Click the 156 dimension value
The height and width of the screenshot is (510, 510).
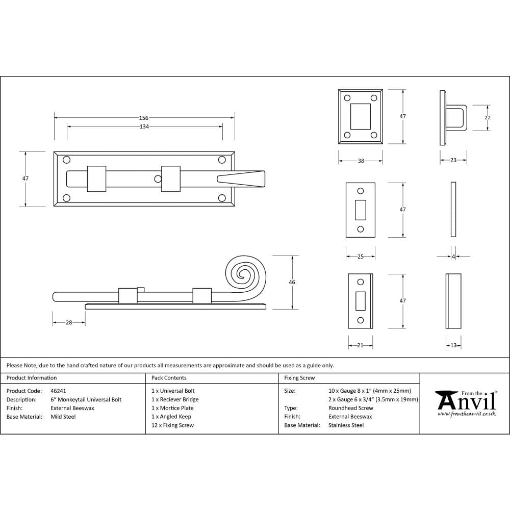point(144,118)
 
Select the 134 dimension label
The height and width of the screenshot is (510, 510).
point(144,126)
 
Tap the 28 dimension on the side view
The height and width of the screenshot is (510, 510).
point(69,322)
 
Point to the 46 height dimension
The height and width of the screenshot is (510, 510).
point(292,282)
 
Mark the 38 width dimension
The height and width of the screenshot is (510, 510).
point(361,161)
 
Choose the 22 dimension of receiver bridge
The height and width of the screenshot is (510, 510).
point(487,118)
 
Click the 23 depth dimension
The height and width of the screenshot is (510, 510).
point(453,161)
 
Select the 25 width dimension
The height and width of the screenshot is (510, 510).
point(361,257)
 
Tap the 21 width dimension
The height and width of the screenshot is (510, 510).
point(360,345)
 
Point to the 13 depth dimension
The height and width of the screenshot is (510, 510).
point(453,345)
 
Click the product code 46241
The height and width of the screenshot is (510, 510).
point(58,391)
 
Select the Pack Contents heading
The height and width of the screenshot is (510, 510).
point(169,378)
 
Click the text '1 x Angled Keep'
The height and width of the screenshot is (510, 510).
point(171,417)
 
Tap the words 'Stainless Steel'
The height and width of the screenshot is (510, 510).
point(346,425)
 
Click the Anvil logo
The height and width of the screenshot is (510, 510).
point(465,402)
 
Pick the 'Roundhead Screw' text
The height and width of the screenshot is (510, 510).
point(350,408)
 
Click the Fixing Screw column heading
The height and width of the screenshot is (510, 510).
point(299,378)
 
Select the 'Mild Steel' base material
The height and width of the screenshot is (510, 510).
point(63,417)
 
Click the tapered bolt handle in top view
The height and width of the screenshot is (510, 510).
point(241,178)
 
